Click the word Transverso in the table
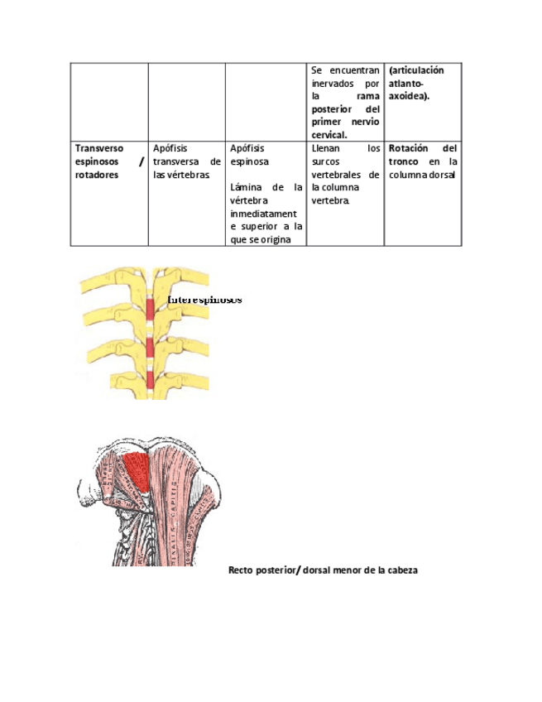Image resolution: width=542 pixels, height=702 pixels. tap(98, 147)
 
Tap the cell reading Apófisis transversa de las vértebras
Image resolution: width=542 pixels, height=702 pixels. tap(186, 161)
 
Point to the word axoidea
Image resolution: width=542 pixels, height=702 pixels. tap(407, 96)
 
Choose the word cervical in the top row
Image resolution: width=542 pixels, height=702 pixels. tap(329, 135)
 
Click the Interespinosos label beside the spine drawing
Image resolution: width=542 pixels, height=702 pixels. tap(205, 300)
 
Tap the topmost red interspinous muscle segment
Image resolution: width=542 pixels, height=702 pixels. tap(151, 310)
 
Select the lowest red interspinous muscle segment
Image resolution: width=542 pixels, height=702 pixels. tap(151, 379)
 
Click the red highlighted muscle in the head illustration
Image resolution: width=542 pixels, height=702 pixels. tap(137, 470)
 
